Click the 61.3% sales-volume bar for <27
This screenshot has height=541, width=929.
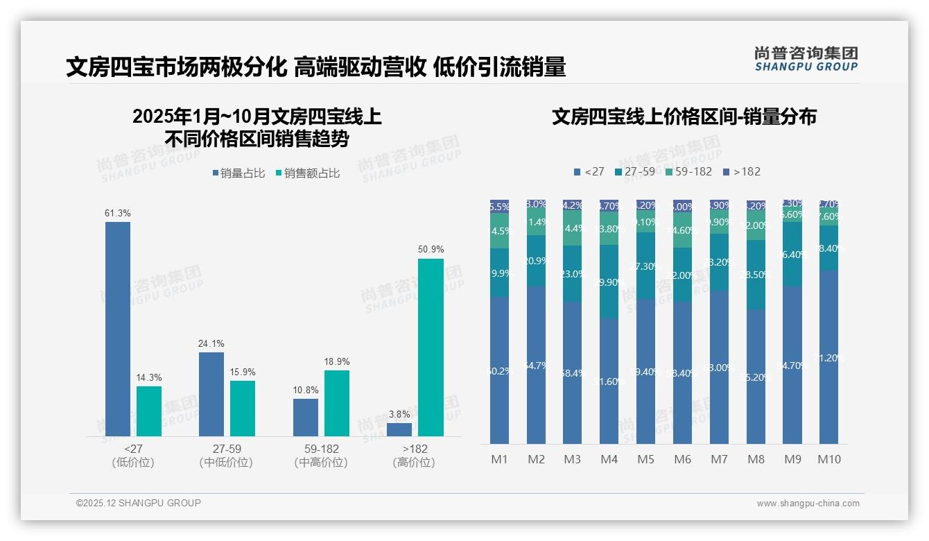click(118, 329)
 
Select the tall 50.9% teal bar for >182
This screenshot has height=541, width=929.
click(431, 347)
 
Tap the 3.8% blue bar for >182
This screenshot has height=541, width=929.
click(399, 429)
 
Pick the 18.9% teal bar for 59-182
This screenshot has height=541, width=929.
click(336, 403)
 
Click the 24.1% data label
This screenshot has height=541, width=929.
click(211, 344)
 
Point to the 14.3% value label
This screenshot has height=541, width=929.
click(149, 378)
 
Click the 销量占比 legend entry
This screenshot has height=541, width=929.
click(239, 173)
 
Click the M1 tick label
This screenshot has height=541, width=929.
click(499, 459)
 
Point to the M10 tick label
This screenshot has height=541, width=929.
click(828, 459)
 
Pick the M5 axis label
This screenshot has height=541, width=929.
click(645, 459)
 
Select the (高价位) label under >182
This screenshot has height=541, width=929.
click(414, 463)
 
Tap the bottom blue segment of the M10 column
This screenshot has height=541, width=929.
click(828, 357)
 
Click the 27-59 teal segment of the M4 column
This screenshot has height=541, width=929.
click(609, 282)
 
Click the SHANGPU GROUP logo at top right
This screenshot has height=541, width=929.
click(806, 59)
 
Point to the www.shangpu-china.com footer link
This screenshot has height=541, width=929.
click(808, 504)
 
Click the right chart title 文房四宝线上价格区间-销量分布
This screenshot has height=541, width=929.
click(684, 117)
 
